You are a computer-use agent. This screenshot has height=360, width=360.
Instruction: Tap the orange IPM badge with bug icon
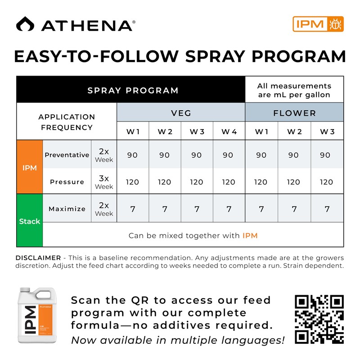(x=318, y=24)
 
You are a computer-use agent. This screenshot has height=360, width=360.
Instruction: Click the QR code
(x=319, y=319)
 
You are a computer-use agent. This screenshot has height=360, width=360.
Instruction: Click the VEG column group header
(x=181, y=113)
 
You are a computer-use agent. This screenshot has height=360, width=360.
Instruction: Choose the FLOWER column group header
(x=294, y=113)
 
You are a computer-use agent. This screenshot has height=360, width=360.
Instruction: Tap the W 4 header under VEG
(x=229, y=131)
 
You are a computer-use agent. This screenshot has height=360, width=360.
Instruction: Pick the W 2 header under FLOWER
(x=294, y=131)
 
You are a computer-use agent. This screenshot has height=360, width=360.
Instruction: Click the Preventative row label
(x=67, y=155)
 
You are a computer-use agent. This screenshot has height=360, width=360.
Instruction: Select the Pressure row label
(x=67, y=182)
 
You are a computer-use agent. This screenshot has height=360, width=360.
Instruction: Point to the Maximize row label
(x=67, y=209)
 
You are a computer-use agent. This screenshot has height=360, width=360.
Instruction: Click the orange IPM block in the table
(x=29, y=167)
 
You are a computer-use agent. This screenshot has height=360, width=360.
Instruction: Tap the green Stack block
(x=29, y=221)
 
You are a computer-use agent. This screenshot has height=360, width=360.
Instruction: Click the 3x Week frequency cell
(x=104, y=182)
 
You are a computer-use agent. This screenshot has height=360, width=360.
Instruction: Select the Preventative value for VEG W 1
(x=132, y=155)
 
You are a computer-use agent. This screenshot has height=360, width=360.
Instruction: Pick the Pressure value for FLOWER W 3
(x=327, y=182)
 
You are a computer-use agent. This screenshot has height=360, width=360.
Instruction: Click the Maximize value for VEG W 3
(x=197, y=209)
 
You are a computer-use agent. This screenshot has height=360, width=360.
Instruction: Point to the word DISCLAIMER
(x=38, y=258)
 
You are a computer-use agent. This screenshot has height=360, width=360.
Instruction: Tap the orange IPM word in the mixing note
(x=250, y=235)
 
